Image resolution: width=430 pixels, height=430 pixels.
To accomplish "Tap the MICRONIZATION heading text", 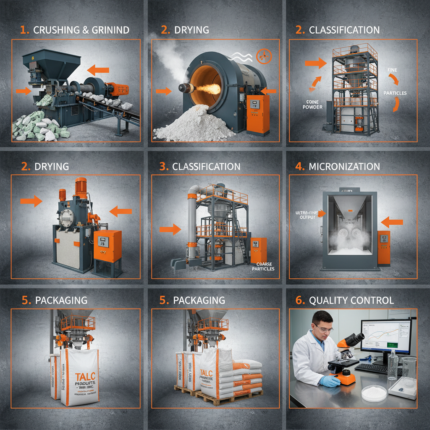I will click(344, 166).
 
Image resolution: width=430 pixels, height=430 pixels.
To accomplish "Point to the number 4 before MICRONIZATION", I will click(299, 166).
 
